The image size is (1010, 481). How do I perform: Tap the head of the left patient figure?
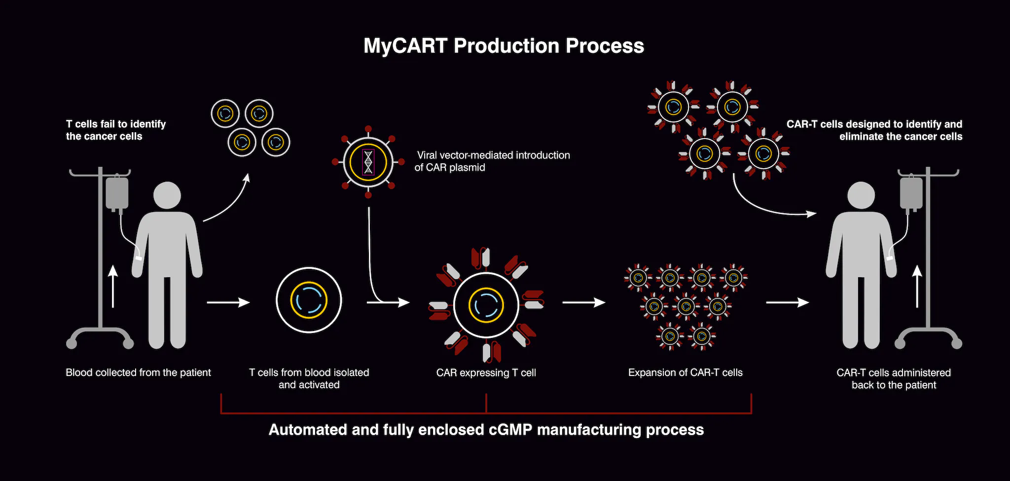[167, 195]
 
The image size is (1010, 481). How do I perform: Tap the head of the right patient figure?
[861, 195]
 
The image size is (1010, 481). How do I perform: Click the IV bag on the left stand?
[117, 193]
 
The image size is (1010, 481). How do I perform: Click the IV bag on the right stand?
[911, 193]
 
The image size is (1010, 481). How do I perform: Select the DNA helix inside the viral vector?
[368, 162]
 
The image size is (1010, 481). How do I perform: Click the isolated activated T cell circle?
[309, 300]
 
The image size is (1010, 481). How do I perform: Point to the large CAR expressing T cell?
[486, 305]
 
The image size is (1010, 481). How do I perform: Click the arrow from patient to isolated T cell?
[228, 302]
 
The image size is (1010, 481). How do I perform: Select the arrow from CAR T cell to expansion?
[584, 302]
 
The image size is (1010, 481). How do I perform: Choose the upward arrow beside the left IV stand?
[113, 287]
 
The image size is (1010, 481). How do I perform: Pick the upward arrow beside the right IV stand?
[917, 287]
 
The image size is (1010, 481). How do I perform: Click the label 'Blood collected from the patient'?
[138, 372]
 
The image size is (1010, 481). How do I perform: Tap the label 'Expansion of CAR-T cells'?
[685, 372]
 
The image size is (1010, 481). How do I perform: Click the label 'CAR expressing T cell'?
[486, 372]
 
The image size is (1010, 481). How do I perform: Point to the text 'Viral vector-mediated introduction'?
[493, 155]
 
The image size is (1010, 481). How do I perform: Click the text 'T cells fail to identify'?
[116, 124]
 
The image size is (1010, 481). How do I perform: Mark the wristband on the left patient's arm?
[139, 258]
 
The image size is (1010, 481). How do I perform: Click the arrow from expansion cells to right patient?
[787, 302]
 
